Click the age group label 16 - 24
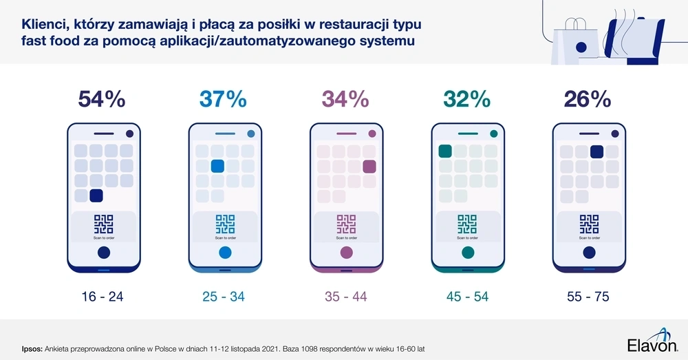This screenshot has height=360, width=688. [101, 297]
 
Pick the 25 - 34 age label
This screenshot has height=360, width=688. [223, 297]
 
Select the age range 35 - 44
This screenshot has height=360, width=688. [345, 297]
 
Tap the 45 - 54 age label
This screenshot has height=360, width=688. [466, 297]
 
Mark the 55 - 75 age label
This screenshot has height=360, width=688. [588, 297]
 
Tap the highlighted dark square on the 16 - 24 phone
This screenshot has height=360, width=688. [96, 195]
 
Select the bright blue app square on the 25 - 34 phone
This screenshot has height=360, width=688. [217, 166]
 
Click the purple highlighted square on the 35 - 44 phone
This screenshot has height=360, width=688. [369, 166]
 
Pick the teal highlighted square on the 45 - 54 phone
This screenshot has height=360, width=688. [444, 151]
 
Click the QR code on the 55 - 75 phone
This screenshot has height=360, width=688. [588, 224]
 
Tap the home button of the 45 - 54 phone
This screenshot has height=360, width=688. [466, 253]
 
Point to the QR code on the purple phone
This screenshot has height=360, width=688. [345, 224]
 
